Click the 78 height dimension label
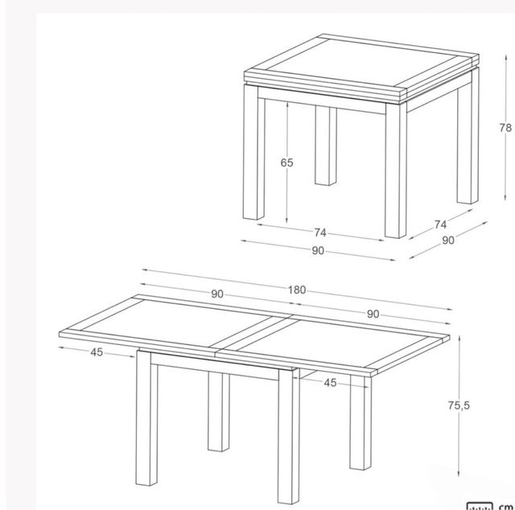coord(505,127)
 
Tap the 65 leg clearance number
coord(287,163)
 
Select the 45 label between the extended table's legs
coord(330,383)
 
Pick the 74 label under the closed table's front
coord(319,233)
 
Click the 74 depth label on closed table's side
coord(439,224)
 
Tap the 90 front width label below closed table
coord(318,250)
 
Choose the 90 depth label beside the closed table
coord(448,241)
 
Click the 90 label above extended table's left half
coord(217,294)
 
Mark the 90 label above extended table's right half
coord(373,315)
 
